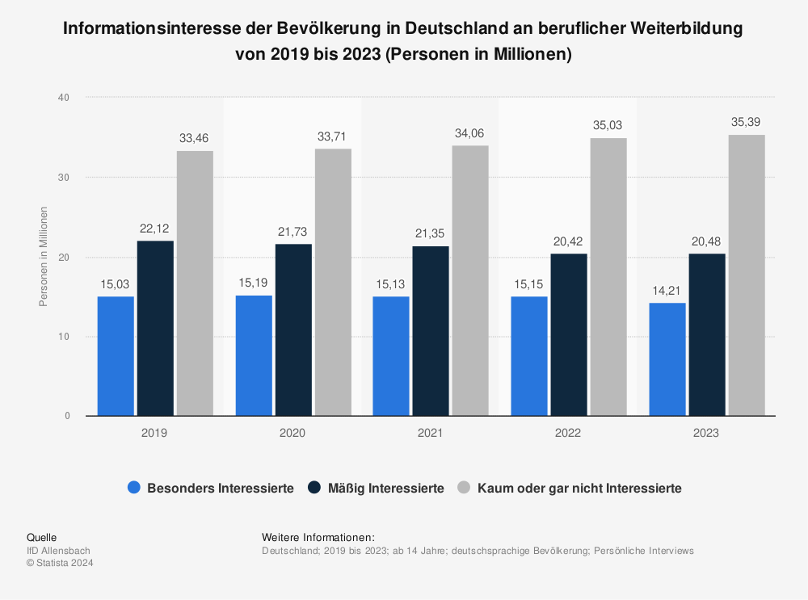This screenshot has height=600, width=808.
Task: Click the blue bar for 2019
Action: [116, 356]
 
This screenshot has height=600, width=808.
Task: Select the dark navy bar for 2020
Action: [293, 329]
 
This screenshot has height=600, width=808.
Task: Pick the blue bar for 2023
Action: [667, 359]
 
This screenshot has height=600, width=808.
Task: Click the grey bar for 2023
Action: [747, 275]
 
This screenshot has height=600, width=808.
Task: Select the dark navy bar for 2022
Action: [569, 334]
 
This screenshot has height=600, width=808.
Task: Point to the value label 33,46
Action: [196, 139]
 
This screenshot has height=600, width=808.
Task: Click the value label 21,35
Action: [431, 233]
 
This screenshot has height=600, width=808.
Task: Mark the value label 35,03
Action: [608, 126]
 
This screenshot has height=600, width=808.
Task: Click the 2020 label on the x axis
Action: [292, 434]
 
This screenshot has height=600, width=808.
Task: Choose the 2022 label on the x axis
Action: [568, 434]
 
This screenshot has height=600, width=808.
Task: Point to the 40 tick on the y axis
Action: [65, 98]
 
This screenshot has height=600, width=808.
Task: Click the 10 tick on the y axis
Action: [65, 337]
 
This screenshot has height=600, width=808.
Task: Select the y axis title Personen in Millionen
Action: [44, 257]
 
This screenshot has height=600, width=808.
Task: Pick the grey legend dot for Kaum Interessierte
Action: [464, 489]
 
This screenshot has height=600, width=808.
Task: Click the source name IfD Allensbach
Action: [58, 551]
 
